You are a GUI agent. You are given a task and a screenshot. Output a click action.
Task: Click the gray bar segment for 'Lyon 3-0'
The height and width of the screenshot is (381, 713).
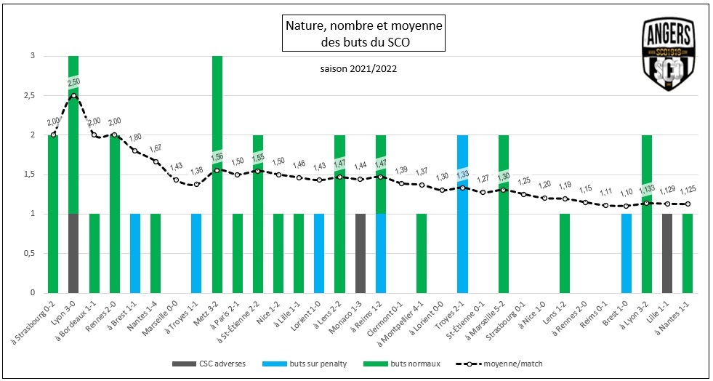click(73, 253)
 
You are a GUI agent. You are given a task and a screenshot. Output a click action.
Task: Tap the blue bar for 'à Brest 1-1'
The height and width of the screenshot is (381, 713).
click(134, 253)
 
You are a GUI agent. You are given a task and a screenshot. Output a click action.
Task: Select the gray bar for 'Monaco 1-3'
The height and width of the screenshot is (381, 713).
click(360, 253)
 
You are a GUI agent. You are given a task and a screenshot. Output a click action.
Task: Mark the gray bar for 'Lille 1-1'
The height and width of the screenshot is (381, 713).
click(667, 253)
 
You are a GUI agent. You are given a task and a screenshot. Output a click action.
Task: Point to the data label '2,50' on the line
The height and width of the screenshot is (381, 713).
click(73, 83)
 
